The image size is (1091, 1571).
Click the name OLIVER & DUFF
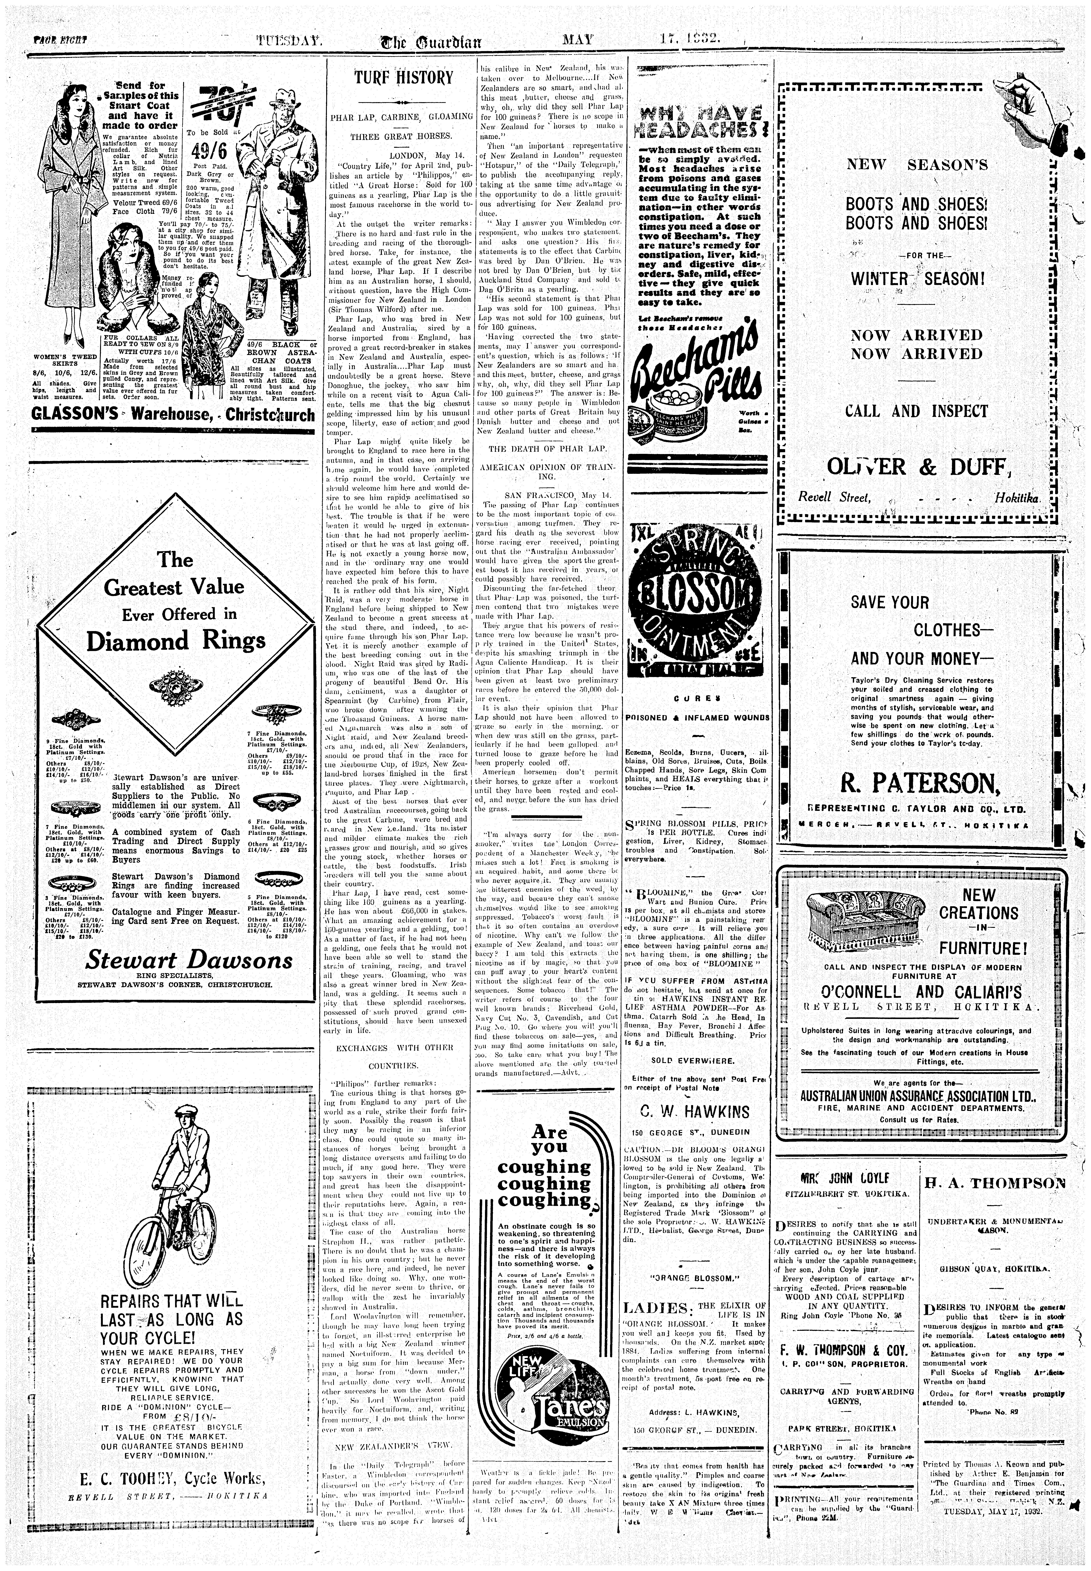pyautogui.click(x=917, y=468)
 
